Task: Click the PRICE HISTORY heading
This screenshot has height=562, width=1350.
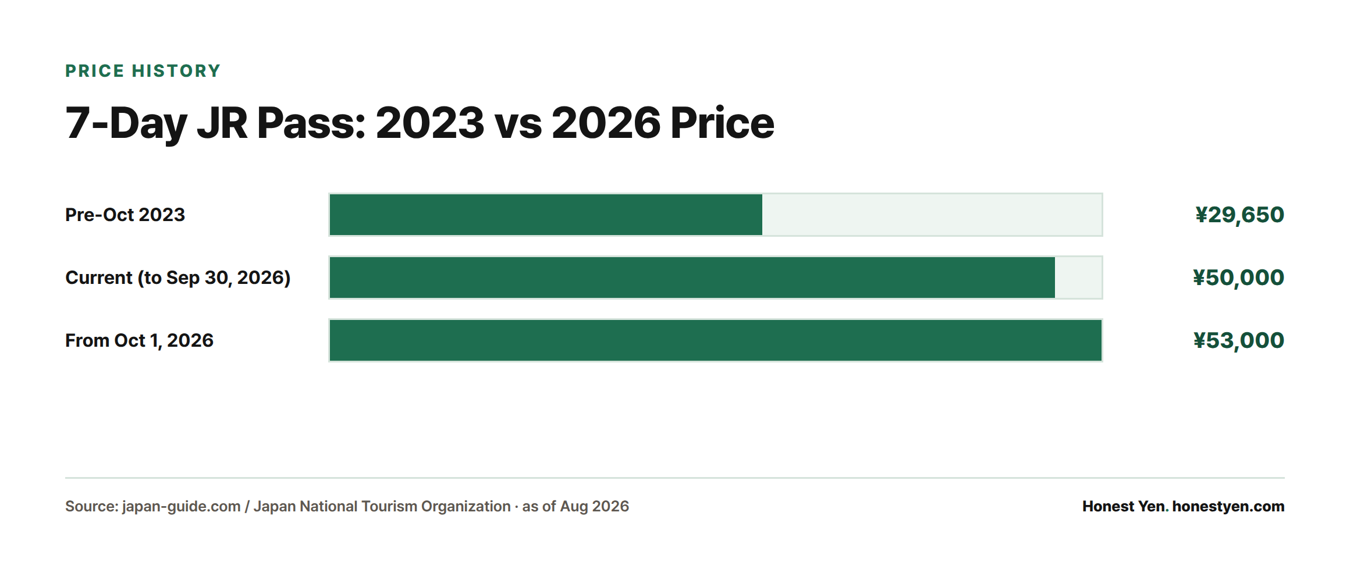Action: click(x=143, y=71)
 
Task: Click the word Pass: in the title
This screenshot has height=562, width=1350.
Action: click(x=311, y=123)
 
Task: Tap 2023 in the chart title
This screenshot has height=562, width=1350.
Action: click(x=430, y=123)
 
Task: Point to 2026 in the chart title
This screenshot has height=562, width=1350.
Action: click(x=606, y=123)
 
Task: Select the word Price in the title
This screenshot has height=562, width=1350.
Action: click(x=722, y=123)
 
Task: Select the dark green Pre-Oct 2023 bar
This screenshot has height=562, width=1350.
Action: click(x=546, y=215)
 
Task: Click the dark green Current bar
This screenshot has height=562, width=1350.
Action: click(x=692, y=278)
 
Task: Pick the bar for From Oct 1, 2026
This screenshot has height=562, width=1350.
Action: click(x=716, y=340)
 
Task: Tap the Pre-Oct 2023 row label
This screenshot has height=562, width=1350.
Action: click(x=125, y=215)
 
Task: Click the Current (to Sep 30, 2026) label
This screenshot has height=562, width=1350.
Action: click(x=178, y=278)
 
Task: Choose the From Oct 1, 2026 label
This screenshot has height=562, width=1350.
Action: click(x=139, y=340)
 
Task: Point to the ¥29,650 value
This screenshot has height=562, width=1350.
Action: click(x=1239, y=215)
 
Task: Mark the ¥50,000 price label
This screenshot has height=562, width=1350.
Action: click(x=1238, y=278)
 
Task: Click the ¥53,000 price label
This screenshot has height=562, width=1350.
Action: click(x=1238, y=341)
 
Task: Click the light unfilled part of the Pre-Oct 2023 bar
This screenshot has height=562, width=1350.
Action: click(x=932, y=215)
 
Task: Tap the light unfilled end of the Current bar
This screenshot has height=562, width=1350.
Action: click(x=1078, y=278)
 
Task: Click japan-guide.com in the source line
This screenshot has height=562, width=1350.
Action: click(x=181, y=507)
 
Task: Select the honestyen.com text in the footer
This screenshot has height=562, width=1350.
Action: click(x=1228, y=507)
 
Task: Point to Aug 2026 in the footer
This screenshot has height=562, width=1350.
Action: click(x=594, y=507)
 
